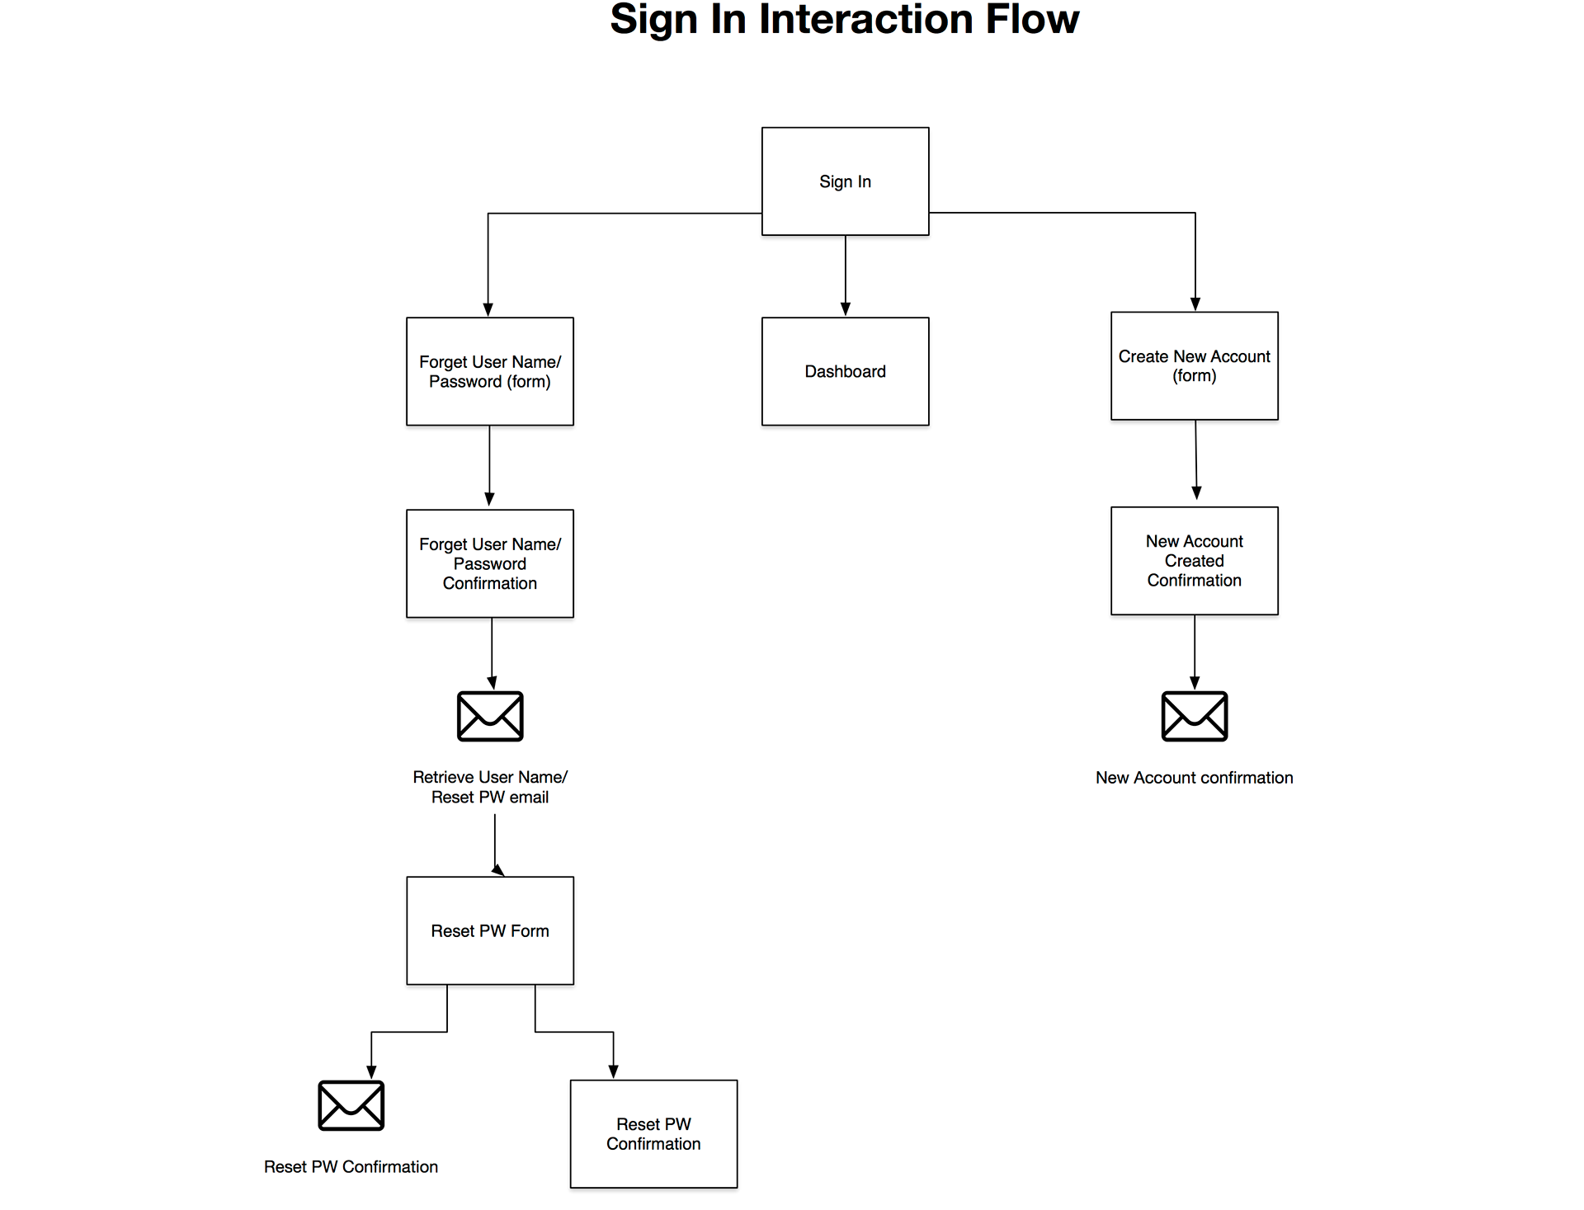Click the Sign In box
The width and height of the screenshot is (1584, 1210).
tap(845, 181)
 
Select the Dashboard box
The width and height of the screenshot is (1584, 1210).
tap(845, 371)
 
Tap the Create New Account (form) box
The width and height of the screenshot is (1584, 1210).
tap(1195, 365)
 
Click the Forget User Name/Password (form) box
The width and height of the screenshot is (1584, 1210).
tap(490, 371)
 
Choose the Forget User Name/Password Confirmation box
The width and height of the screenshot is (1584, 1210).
tap(490, 563)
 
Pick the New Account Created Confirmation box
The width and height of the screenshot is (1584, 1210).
tap(1195, 561)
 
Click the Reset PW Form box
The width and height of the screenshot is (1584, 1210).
tap(490, 930)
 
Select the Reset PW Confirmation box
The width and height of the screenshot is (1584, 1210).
tap(653, 1134)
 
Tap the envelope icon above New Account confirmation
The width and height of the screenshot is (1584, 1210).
tap(1195, 716)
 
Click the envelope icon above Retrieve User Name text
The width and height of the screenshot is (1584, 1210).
tap(490, 716)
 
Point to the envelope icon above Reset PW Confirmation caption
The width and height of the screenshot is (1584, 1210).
tap(351, 1105)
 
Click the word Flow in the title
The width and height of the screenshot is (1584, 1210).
tap(1032, 19)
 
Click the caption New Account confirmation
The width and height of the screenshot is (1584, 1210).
tap(1195, 778)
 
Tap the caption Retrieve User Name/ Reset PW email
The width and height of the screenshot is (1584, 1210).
tap(490, 787)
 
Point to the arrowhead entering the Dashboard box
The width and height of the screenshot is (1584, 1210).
tap(845, 309)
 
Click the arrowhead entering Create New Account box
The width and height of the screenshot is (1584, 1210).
tap(1195, 304)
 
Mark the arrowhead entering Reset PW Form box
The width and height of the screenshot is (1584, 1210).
tap(498, 870)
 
